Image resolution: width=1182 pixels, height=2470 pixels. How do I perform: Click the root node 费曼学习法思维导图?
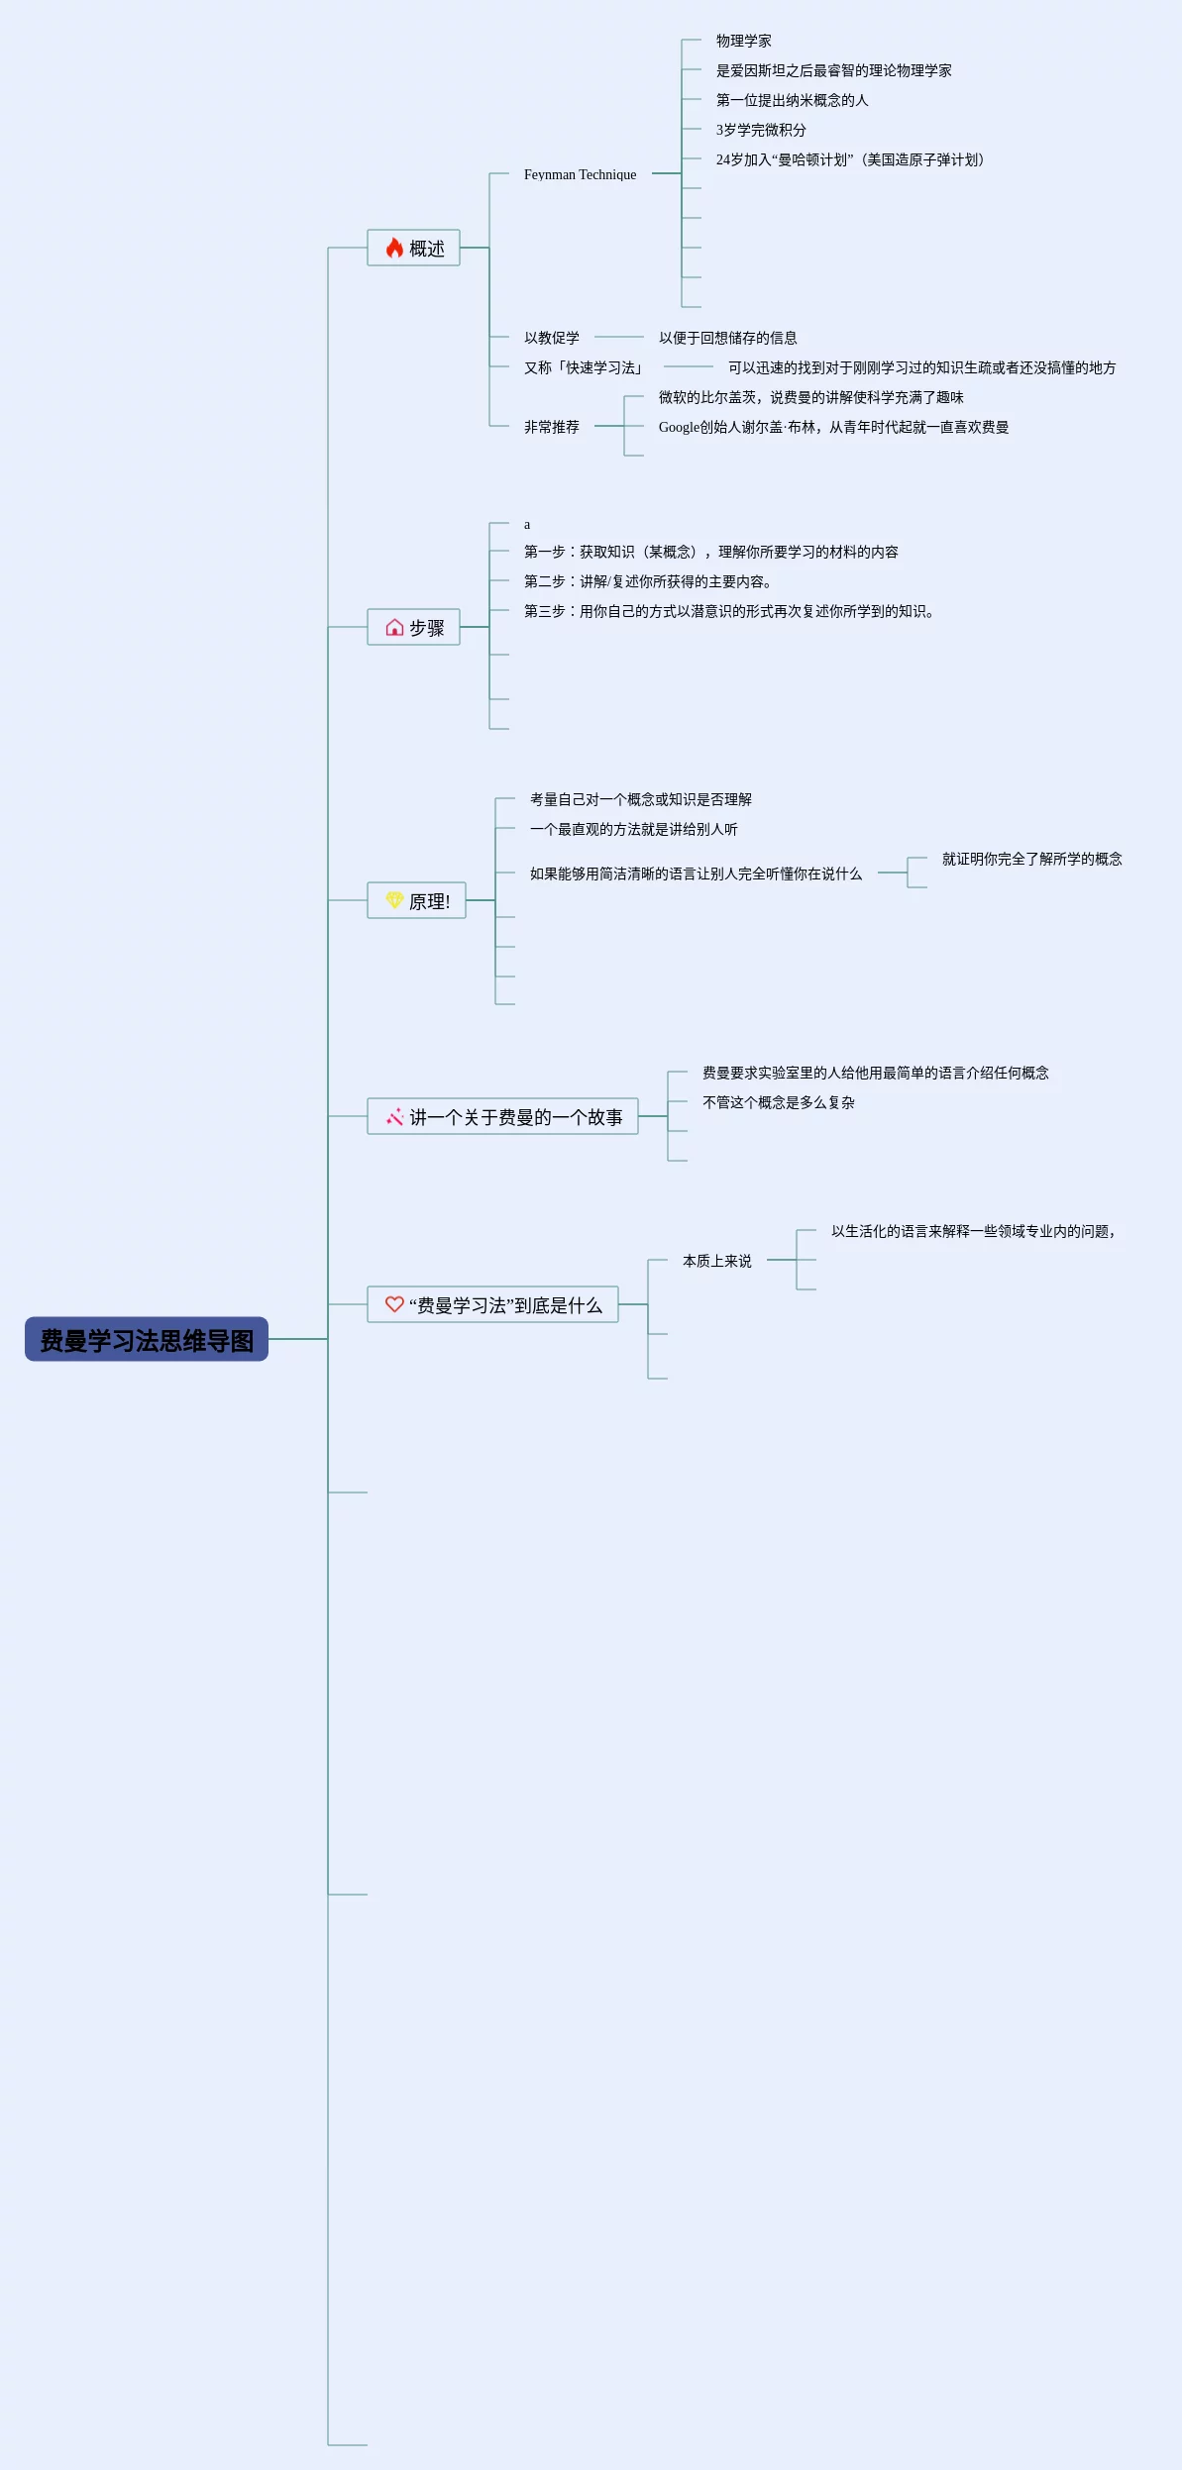click(x=147, y=1339)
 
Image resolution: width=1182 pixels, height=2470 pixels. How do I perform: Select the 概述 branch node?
click(x=414, y=248)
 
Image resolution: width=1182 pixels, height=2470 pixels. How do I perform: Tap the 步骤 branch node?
click(x=414, y=627)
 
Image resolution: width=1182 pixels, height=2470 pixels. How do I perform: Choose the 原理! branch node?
click(x=417, y=900)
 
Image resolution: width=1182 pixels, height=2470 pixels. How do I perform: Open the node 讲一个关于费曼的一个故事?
click(x=503, y=1116)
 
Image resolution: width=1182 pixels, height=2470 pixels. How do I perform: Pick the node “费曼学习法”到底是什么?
click(x=493, y=1304)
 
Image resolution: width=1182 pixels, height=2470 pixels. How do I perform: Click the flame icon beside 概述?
click(x=394, y=248)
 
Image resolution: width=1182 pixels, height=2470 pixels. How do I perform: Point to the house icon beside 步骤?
click(x=394, y=627)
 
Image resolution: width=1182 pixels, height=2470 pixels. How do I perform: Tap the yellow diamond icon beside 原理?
click(x=394, y=900)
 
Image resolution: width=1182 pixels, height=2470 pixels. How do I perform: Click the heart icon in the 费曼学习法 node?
click(x=394, y=1304)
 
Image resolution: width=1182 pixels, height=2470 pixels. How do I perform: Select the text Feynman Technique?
click(x=580, y=174)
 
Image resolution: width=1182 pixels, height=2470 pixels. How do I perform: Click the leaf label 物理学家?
click(x=743, y=41)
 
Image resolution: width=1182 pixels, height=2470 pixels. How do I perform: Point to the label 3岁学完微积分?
click(x=761, y=130)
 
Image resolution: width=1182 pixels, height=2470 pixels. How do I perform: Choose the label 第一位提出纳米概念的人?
click(x=792, y=100)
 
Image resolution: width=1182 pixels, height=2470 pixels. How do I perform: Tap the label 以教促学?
click(x=552, y=338)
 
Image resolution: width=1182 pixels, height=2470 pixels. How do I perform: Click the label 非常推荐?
click(x=552, y=427)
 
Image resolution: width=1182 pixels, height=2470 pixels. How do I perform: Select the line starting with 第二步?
click(x=647, y=581)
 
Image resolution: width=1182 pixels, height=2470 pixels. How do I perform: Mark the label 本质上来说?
click(x=716, y=1261)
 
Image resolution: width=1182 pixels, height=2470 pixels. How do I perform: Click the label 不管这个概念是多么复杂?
click(x=778, y=1102)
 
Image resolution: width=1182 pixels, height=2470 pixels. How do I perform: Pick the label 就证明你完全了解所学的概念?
click(x=1031, y=859)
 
